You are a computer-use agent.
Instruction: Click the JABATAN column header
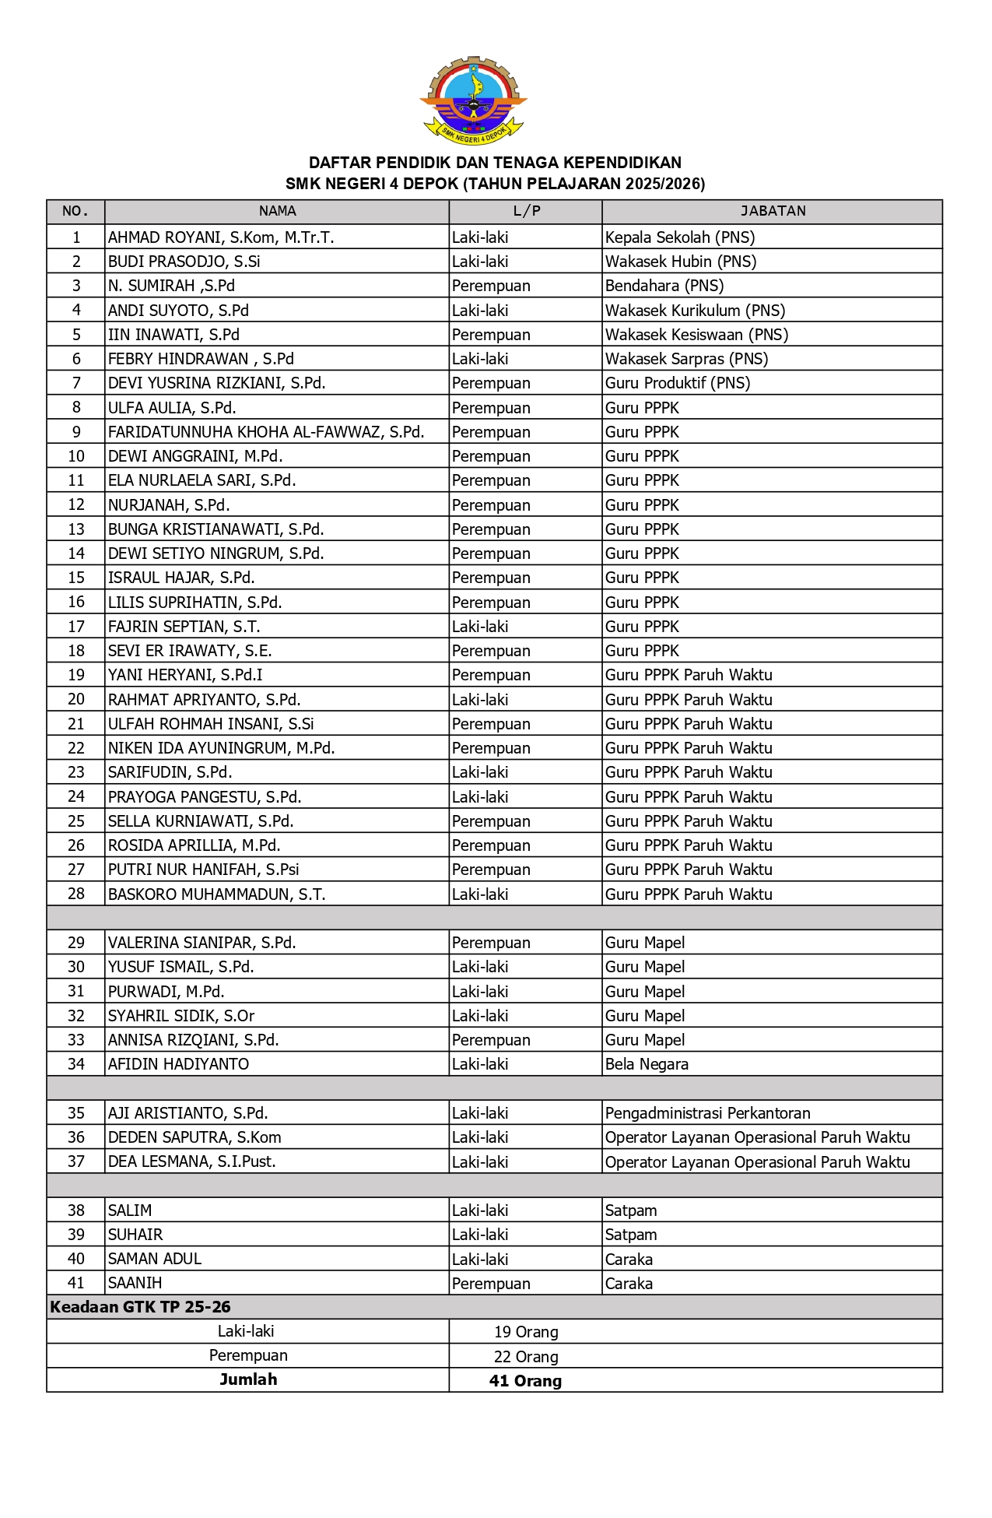773,211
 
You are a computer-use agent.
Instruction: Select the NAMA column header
277,211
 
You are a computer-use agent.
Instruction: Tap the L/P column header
526,211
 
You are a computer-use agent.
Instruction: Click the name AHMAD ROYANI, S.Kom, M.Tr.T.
221,237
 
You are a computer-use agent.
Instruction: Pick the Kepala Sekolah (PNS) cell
680,237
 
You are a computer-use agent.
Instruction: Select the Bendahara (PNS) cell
664,286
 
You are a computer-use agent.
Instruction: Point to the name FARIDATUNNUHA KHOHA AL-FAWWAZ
266,432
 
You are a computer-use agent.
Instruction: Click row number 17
76,627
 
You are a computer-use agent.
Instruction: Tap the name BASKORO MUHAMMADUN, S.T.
216,894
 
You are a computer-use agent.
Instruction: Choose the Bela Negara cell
647,1064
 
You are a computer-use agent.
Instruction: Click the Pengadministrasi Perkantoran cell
707,1113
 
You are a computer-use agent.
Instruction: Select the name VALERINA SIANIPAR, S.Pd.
202,943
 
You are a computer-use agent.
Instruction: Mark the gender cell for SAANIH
491,1283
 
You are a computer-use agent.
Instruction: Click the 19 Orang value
526,1332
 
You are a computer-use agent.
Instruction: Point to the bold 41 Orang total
525,1381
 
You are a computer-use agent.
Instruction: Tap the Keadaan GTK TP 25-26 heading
140,1307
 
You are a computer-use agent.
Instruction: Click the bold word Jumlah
248,1379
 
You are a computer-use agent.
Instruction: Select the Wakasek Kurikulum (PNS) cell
695,311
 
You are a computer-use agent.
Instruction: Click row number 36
76,1137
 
